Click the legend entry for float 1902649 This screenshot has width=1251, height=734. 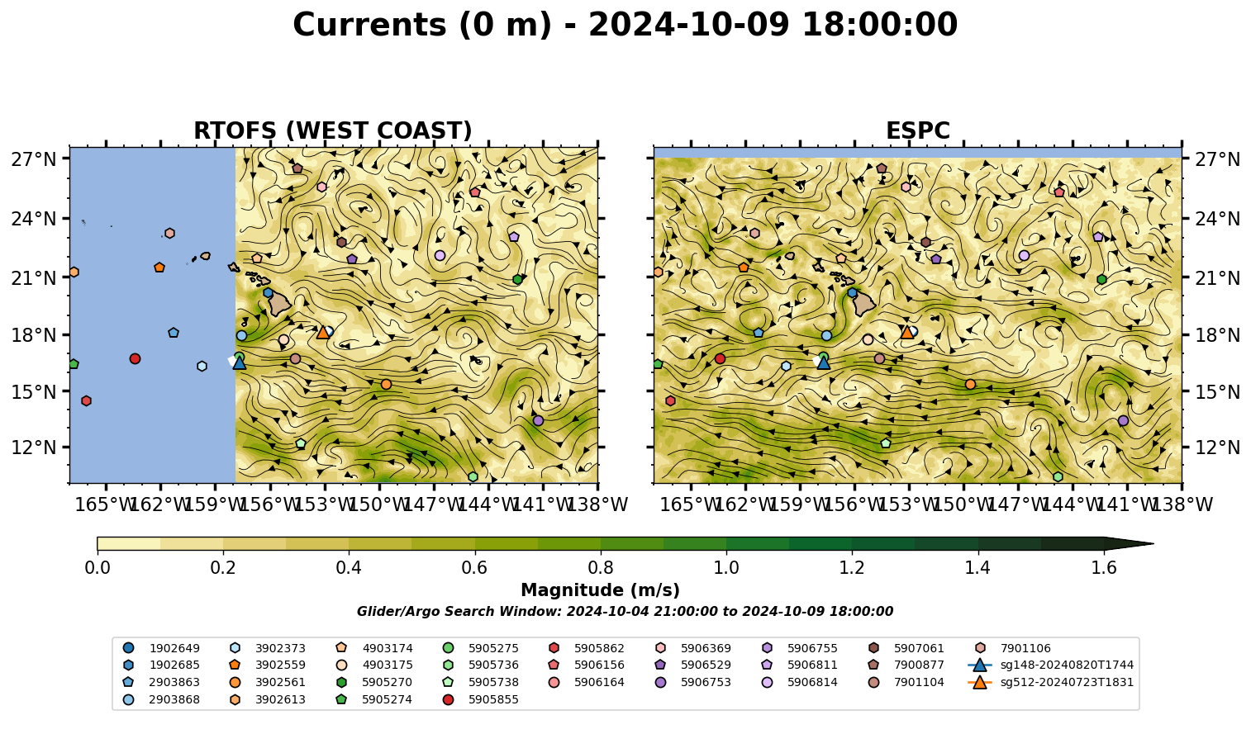[161, 648]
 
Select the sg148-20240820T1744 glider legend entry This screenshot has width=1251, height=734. [1050, 665]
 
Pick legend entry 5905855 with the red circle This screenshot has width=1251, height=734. [480, 699]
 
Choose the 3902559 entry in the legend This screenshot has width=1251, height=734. [268, 665]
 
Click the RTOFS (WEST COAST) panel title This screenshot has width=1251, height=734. [333, 130]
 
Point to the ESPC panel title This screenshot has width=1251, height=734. [917, 130]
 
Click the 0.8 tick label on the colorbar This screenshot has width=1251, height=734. [601, 568]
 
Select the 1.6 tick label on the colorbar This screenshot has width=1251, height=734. [1104, 568]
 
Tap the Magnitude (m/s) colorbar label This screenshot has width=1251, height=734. [601, 590]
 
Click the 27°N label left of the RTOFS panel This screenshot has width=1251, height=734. [34, 159]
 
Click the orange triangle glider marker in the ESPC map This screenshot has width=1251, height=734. [907, 332]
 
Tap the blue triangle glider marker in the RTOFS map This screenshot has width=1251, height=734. [239, 362]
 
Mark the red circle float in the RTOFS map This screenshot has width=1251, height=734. [135, 358]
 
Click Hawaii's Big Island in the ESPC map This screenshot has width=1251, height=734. [864, 304]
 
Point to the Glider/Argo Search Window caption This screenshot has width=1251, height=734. [625, 611]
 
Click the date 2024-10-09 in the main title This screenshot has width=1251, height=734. [689, 25]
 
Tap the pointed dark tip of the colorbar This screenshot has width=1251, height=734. [1153, 543]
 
